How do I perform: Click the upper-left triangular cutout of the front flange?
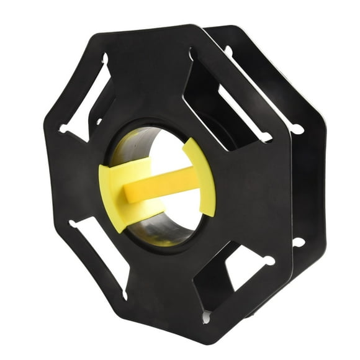[87, 102]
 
